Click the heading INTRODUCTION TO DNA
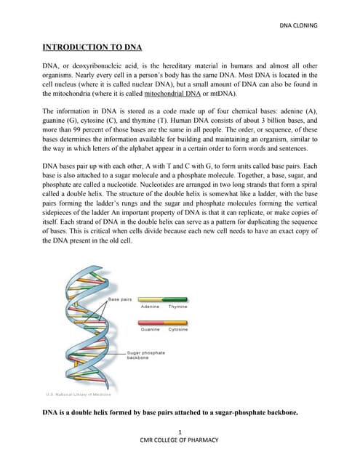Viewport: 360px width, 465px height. pos(92,48)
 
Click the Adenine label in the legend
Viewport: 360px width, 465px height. pos(151,307)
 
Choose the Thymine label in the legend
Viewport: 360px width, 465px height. pos(177,307)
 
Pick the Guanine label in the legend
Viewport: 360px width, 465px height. pos(151,329)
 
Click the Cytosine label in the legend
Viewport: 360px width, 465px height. pos(178,329)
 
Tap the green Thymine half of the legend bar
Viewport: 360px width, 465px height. pos(177,299)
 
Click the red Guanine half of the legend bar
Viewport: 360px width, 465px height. pos(151,321)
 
